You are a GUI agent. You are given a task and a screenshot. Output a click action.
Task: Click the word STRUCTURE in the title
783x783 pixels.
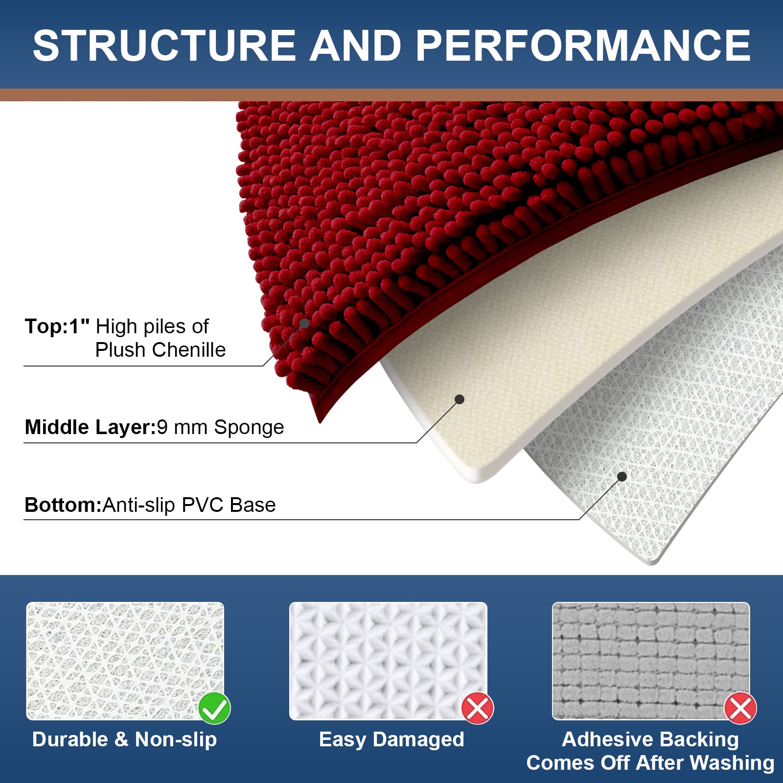click(x=164, y=45)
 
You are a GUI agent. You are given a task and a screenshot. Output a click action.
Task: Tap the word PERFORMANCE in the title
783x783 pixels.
click(x=583, y=45)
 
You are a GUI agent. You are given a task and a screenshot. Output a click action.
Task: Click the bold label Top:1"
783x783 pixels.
click(x=57, y=326)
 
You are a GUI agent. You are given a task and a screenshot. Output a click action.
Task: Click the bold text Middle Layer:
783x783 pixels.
click(x=90, y=427)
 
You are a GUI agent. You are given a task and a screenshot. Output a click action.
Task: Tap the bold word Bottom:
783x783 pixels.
click(x=63, y=505)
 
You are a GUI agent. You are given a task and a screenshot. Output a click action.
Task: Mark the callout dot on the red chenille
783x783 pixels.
click(x=304, y=323)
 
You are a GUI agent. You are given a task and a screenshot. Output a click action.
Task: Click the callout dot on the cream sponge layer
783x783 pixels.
click(x=460, y=399)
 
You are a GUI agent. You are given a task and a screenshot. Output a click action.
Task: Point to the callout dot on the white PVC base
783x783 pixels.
click(x=622, y=477)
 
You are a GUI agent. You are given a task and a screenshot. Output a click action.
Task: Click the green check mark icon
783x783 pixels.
click(x=214, y=708)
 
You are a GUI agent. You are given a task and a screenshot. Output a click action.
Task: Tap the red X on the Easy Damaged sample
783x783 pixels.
click(x=478, y=708)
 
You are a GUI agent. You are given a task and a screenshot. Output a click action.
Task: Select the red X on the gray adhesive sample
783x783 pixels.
click(x=740, y=708)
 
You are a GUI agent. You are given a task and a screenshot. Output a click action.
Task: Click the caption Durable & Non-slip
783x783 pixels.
click(x=124, y=739)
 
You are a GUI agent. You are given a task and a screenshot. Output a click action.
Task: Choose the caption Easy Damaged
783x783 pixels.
click(x=391, y=740)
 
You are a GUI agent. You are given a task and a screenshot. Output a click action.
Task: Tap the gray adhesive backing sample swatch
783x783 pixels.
click(x=651, y=661)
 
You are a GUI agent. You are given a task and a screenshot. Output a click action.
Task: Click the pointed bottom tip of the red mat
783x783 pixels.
click(x=320, y=422)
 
